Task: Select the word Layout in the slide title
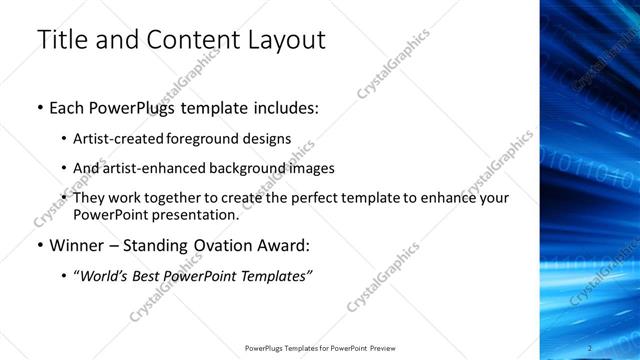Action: [x=283, y=40]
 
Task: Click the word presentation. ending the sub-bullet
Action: [x=196, y=214]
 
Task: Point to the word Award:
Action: [x=283, y=245]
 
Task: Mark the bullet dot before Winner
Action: [x=39, y=245]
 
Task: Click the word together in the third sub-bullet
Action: [x=171, y=197]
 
